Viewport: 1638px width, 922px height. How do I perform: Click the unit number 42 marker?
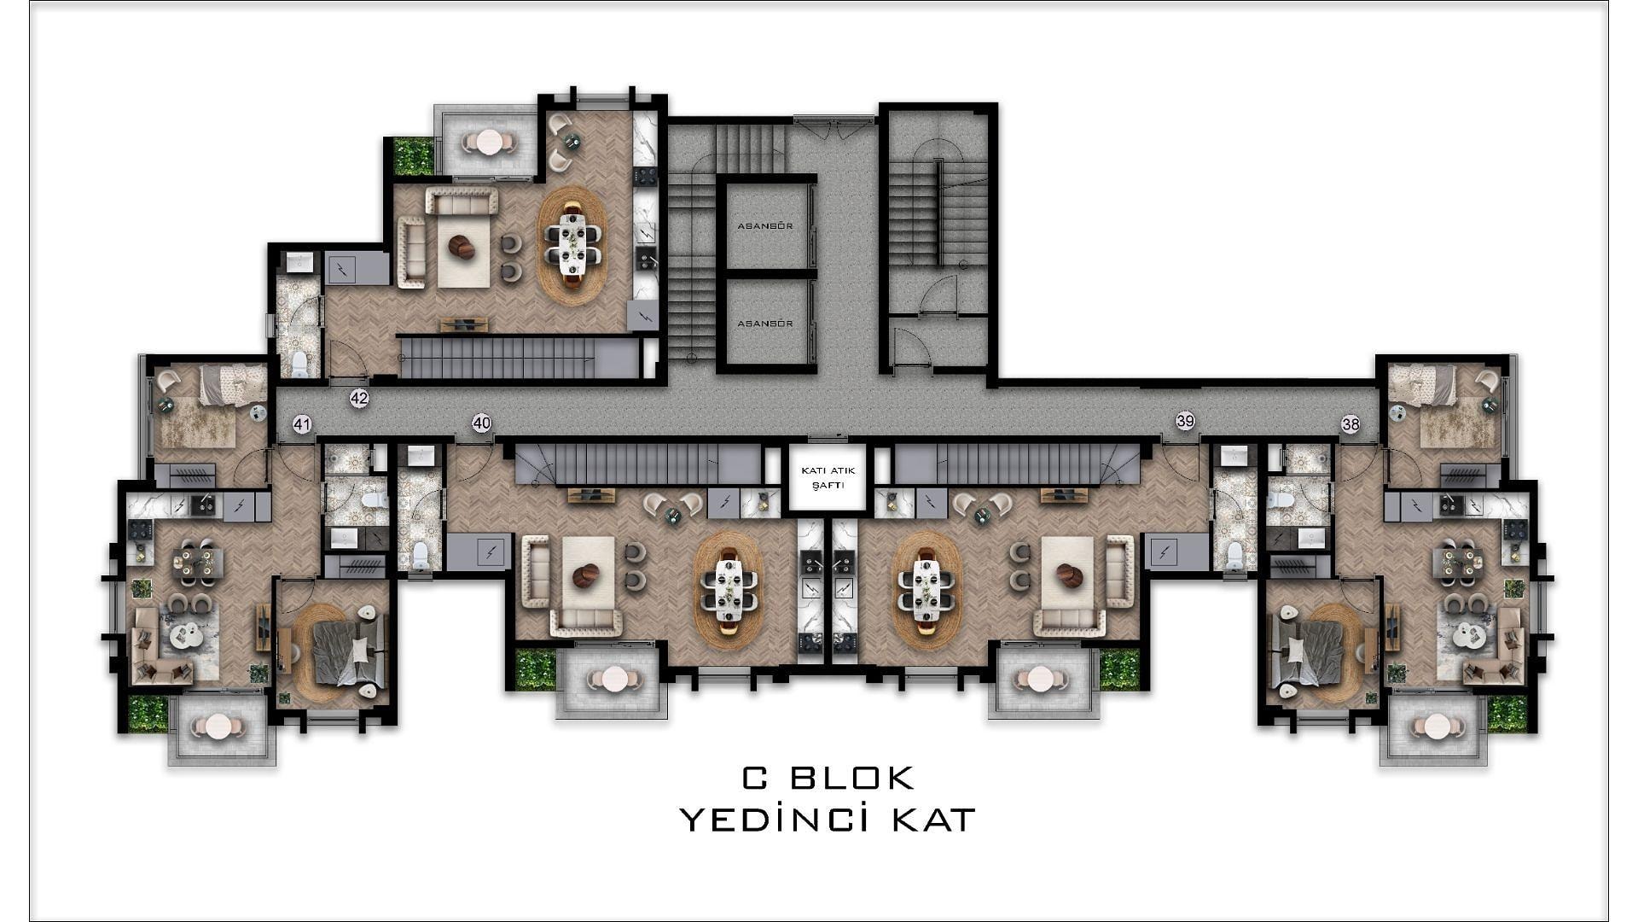coord(359,398)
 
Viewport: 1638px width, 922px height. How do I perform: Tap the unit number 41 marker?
coord(302,424)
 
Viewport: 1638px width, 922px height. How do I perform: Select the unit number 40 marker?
coord(482,423)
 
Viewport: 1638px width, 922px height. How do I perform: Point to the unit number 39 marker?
coord(1185,421)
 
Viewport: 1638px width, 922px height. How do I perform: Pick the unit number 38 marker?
coord(1350,424)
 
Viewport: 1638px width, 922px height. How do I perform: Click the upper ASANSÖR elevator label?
coord(765,226)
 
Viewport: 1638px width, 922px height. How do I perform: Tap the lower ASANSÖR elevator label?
coord(765,324)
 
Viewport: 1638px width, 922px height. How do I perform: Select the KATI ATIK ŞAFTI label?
coord(827,478)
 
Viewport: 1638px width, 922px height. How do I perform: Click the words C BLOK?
coord(828,778)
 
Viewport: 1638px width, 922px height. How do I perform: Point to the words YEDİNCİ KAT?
coord(828,820)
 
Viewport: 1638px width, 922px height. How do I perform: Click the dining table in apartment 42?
coord(572,244)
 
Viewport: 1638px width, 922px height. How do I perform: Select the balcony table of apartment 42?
coord(488,143)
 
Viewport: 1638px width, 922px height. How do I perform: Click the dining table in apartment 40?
coord(729,589)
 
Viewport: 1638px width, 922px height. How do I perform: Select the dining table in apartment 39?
coord(926,589)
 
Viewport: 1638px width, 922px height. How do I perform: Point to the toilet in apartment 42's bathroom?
coord(299,363)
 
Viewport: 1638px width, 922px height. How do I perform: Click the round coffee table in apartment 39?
coord(1069,577)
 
